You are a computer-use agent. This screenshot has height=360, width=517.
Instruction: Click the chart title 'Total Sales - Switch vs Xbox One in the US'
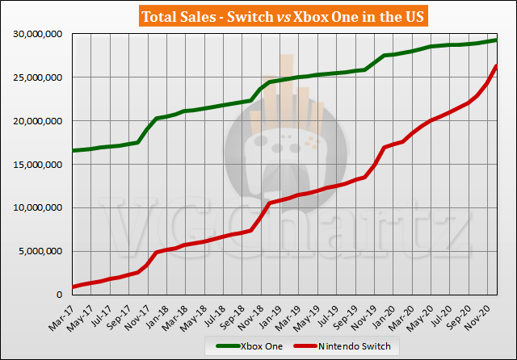(x=258, y=16)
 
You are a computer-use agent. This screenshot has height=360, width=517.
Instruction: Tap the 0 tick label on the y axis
(x=63, y=295)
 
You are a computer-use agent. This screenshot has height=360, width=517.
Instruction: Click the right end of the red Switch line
(x=496, y=66)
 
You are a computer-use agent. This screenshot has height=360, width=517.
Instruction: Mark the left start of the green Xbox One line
(x=73, y=150)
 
